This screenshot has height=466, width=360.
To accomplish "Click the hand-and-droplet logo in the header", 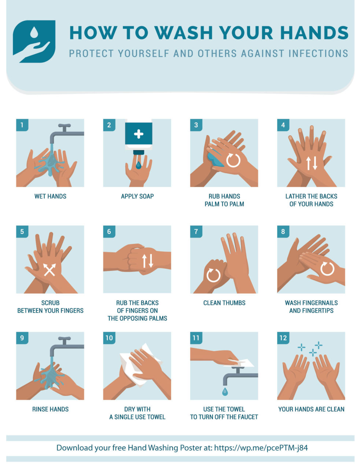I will [x=34, y=41].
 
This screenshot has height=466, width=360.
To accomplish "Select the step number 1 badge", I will [x=22, y=125].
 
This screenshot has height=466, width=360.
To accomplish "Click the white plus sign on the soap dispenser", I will [x=139, y=134].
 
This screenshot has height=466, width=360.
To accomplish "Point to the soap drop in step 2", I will [x=138, y=165].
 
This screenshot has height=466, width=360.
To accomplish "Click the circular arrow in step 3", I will [x=233, y=160].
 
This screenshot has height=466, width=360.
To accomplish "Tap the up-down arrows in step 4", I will [x=312, y=163].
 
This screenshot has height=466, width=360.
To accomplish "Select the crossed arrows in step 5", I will [x=49, y=269].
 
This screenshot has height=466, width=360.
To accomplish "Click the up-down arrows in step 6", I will [x=147, y=260].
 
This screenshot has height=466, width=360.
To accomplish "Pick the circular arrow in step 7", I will [x=213, y=275].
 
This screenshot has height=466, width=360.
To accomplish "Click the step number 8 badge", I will [x=283, y=232].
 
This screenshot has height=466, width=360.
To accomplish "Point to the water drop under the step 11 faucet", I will [x=225, y=392].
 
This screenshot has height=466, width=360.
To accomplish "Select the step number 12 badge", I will [x=283, y=338].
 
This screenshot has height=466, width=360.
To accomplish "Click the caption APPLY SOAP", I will [x=137, y=197].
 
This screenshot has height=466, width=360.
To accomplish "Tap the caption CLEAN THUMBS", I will [x=224, y=303].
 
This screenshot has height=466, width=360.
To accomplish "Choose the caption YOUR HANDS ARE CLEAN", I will [x=311, y=409].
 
